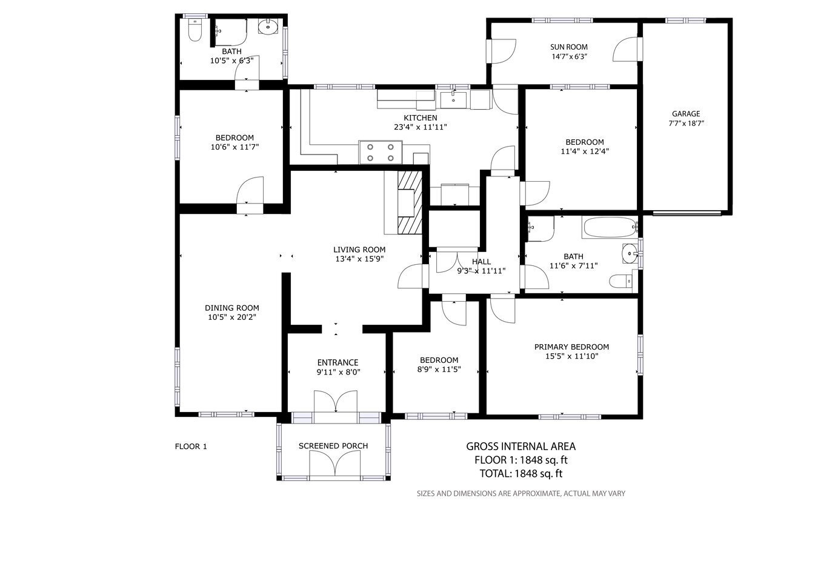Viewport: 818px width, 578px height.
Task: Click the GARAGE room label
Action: pyautogui.click(x=686, y=114)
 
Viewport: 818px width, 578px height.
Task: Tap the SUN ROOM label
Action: pyautogui.click(x=569, y=47)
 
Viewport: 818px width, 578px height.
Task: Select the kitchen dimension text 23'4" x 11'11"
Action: pyautogui.click(x=421, y=127)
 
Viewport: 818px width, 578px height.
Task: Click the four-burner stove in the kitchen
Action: pyautogui.click(x=381, y=152)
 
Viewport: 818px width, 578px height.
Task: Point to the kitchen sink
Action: pyautogui.click(x=453, y=101)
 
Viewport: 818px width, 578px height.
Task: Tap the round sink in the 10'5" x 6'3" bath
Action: pyautogui.click(x=268, y=27)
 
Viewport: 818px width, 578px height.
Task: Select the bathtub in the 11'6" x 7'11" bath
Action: pyautogui.click(x=610, y=228)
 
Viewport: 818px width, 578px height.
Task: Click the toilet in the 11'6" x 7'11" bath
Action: pyautogui.click(x=621, y=281)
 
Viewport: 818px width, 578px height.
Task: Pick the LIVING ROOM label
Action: pyautogui.click(x=359, y=250)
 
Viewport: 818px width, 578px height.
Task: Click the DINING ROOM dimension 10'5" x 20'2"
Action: pyautogui.click(x=232, y=317)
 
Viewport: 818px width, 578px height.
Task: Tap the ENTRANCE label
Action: pyautogui.click(x=338, y=362)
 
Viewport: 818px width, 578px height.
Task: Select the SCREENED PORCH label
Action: pyautogui.click(x=333, y=446)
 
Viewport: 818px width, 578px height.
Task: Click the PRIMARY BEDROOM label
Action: pyautogui.click(x=571, y=347)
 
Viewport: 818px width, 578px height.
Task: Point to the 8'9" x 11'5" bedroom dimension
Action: pyautogui.click(x=439, y=370)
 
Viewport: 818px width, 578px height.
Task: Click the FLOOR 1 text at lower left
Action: pyautogui.click(x=191, y=447)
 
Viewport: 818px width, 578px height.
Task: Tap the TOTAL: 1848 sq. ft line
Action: pyautogui.click(x=520, y=474)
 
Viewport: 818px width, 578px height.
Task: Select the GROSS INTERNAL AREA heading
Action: pyautogui.click(x=520, y=446)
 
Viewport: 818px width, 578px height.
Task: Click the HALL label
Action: pyautogui.click(x=481, y=262)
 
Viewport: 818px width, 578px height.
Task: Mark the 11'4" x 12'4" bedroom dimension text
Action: pyautogui.click(x=585, y=151)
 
